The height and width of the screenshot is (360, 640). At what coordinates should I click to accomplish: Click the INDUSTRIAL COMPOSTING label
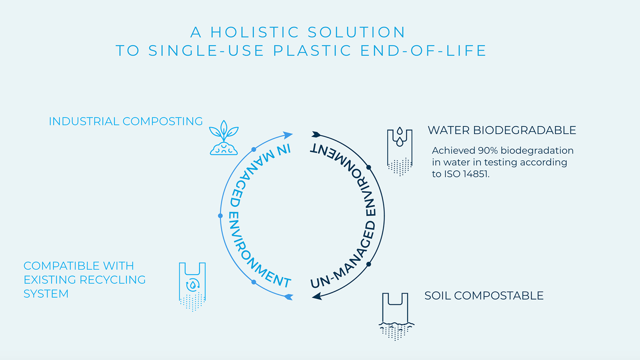tap(126, 121)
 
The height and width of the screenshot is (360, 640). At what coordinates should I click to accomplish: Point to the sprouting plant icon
tap(224, 138)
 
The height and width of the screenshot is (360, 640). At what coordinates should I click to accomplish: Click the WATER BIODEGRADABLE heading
tap(502, 130)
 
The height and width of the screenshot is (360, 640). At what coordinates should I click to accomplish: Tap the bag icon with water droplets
tap(400, 152)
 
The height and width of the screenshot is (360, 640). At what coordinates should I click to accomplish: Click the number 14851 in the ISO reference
tap(475, 174)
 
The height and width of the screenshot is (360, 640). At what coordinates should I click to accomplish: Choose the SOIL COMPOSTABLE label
tap(484, 296)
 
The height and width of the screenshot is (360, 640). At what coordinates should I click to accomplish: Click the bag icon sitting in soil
tap(396, 316)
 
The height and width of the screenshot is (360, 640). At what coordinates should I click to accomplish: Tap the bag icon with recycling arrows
tap(192, 286)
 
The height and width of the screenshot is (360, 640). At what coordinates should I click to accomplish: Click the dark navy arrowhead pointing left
tap(317, 296)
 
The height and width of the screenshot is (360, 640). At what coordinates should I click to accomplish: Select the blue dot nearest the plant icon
tap(254, 150)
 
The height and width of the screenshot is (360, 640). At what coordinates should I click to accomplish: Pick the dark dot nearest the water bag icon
tap(369, 167)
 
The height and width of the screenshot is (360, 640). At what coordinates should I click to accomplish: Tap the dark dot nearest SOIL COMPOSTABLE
tap(368, 264)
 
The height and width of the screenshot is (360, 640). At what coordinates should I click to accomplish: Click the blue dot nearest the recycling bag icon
tap(254, 282)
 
